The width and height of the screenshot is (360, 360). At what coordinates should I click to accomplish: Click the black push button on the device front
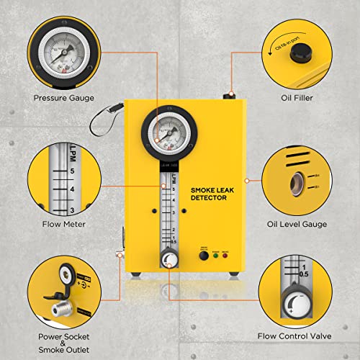203,253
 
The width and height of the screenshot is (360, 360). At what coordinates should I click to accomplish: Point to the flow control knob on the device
168,258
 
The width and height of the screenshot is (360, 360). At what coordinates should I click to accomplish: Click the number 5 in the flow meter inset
72,172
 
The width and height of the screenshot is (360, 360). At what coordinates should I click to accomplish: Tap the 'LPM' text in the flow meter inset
72,153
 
